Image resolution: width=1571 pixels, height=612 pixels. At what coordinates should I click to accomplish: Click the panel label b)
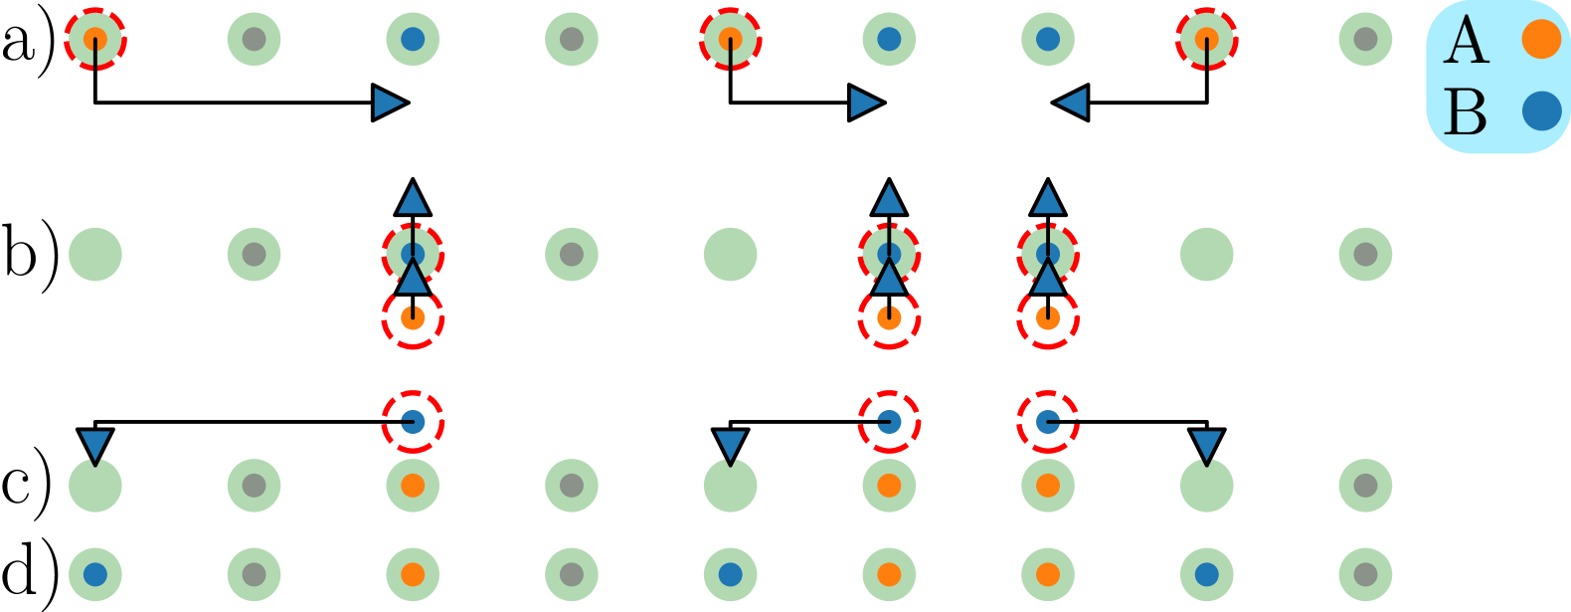tap(30, 255)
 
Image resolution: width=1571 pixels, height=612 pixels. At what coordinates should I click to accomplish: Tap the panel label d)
tap(29, 573)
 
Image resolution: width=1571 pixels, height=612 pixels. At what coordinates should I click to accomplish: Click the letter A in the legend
tap(1468, 42)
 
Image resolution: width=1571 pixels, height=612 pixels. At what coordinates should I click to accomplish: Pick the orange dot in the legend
tap(1541, 39)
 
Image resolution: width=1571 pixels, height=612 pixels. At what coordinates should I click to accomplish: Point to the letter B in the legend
tap(1466, 112)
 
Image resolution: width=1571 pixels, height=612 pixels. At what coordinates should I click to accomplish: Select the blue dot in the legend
tap(1541, 111)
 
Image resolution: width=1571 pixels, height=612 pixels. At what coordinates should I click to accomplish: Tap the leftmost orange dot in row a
tap(94, 39)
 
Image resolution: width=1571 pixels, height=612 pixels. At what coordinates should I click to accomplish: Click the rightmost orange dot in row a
tap(1206, 39)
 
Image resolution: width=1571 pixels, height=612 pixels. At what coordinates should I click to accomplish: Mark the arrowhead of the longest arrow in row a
tap(389, 102)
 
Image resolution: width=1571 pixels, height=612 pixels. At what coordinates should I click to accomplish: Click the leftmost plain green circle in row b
tap(94, 254)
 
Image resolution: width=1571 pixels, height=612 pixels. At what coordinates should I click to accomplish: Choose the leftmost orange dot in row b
tap(413, 318)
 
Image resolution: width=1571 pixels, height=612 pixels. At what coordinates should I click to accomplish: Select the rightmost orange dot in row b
tap(1047, 318)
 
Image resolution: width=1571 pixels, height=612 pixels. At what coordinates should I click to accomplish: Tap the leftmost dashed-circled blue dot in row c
tap(413, 422)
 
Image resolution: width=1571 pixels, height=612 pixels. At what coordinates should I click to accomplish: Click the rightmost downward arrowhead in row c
tap(1206, 445)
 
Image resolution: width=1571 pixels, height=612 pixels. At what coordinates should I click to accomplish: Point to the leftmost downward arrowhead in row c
tap(94, 445)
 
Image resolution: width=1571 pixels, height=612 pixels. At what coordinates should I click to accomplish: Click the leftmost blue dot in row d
tap(94, 574)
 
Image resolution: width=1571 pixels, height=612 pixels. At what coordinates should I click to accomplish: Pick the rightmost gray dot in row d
tap(1365, 574)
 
